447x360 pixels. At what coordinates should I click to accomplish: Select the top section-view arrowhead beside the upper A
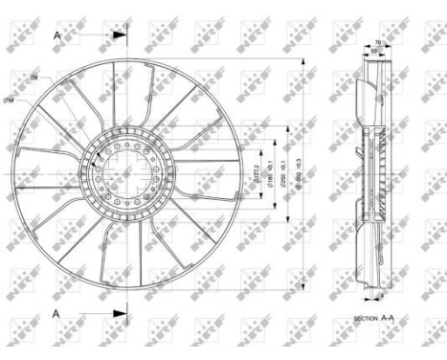[x=120, y=34]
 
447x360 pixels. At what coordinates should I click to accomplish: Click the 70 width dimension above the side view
[x=377, y=42]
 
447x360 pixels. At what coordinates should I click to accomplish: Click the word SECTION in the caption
[x=366, y=317]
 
